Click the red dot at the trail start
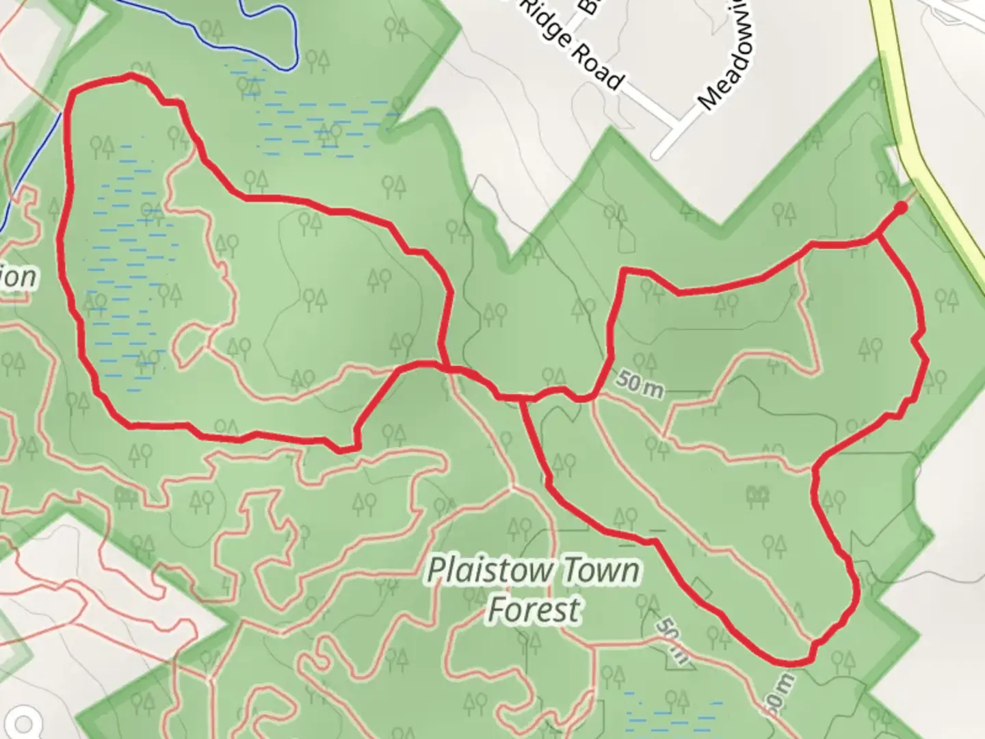tap(902, 207)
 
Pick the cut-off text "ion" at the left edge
tap(16, 277)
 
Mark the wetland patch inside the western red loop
tap(127, 267)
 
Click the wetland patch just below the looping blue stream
tap(321, 123)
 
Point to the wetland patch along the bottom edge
tap(674, 712)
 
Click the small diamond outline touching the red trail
tap(700, 588)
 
